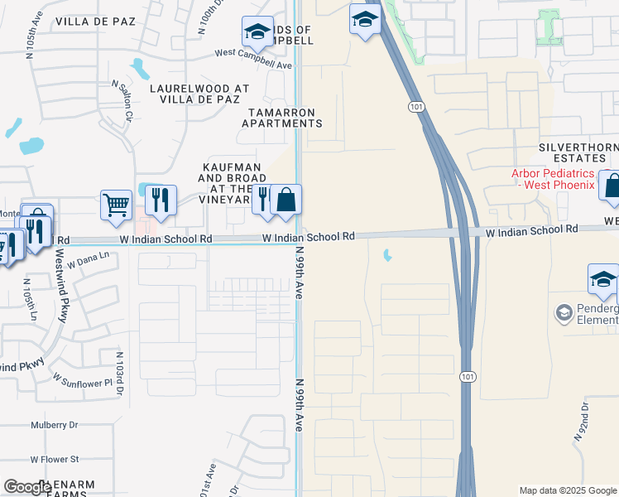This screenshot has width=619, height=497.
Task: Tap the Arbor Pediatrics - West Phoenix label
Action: (x=553, y=179)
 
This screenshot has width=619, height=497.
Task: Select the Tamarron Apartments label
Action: (x=281, y=118)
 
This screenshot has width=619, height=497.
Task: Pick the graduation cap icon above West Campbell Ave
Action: (x=257, y=32)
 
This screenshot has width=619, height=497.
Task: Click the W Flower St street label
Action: (x=55, y=459)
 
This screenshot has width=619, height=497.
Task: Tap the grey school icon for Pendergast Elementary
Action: (x=565, y=312)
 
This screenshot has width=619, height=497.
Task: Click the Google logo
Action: (x=27, y=487)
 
